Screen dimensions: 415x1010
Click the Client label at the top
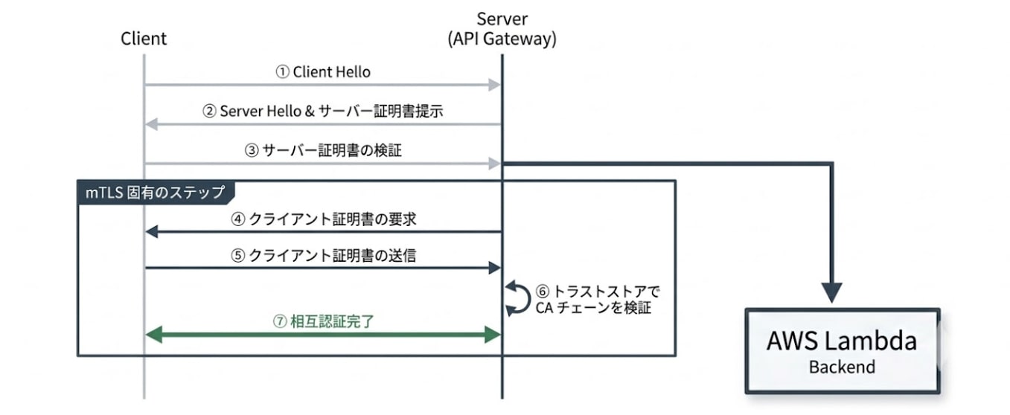(x=144, y=39)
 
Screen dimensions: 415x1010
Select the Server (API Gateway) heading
(x=502, y=29)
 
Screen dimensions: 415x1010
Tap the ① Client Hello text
(x=323, y=72)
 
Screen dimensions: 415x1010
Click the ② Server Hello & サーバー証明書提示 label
(x=323, y=111)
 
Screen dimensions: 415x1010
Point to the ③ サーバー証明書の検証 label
(x=323, y=150)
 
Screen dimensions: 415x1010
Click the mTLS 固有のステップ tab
(x=155, y=192)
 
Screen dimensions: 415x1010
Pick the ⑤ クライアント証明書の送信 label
(x=323, y=255)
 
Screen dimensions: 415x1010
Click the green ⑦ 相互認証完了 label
(x=322, y=322)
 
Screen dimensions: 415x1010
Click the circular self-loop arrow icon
(x=514, y=298)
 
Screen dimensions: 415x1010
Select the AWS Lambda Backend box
(x=842, y=351)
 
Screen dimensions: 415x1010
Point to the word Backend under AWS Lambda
(x=842, y=367)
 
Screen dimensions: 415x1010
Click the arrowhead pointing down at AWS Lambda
(x=831, y=292)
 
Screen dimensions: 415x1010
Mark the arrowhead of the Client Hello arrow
(x=493, y=86)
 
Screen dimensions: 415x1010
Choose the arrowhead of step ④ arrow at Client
(x=152, y=232)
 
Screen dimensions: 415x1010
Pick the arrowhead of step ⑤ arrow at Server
(x=493, y=268)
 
